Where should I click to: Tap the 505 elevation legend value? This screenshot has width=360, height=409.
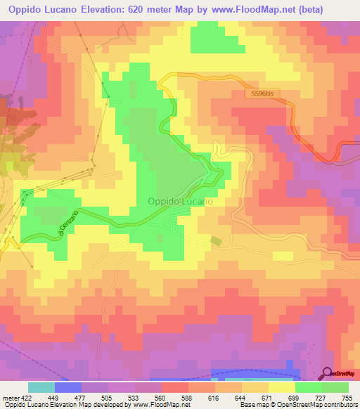pyautogui.click(x=108, y=398)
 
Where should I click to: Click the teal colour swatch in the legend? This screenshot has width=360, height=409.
pyautogui.click(x=41, y=387)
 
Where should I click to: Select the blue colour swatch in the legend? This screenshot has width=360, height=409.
pyautogui.click(x=67, y=387)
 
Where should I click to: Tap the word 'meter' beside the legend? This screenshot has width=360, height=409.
pyautogui.click(x=10, y=398)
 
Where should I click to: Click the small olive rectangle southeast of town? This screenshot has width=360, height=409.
pyautogui.click(x=216, y=241)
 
